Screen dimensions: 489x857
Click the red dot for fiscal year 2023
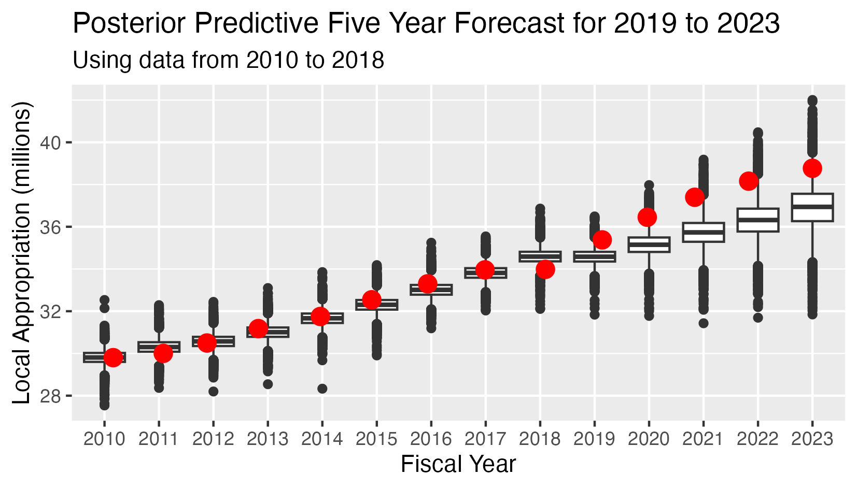[x=812, y=168]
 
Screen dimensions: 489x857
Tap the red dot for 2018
[x=545, y=269]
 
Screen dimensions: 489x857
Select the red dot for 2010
[x=113, y=357]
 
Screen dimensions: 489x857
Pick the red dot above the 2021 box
[x=694, y=197]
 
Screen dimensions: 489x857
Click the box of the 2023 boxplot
[x=812, y=208]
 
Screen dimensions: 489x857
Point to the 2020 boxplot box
[x=649, y=244]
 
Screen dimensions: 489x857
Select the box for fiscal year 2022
[x=757, y=220]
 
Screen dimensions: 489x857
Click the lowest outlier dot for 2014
[x=322, y=389]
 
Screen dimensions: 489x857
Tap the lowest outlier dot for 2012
[x=213, y=392]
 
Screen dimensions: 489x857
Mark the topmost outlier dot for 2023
[x=812, y=100]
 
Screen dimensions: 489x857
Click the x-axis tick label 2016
[x=431, y=440]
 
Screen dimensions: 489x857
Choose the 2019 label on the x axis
[x=594, y=440]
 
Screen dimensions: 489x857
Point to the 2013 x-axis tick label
[x=268, y=440]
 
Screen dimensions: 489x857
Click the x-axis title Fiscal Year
[x=458, y=464]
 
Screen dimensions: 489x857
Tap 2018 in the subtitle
[x=358, y=60]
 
